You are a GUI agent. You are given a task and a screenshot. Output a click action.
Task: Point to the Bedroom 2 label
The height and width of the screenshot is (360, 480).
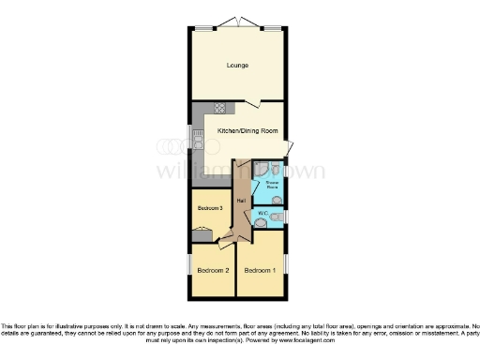pos(213,270)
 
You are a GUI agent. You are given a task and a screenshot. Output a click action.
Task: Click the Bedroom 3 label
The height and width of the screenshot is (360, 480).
pos(209,207)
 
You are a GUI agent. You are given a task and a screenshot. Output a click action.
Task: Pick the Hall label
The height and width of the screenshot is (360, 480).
pos(241,201)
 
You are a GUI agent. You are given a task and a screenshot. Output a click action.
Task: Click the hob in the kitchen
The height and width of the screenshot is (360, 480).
pos(220,108)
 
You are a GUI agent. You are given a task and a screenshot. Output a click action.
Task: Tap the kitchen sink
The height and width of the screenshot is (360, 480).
pos(198,141)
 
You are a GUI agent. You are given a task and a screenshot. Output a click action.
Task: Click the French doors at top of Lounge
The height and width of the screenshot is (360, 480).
pos(239,23)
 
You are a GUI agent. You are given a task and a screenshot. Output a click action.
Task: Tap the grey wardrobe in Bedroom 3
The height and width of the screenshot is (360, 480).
pos(203,231)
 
